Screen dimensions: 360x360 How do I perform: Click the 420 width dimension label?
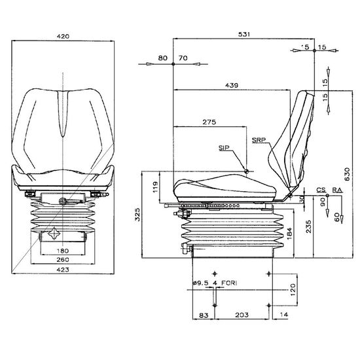tap(63, 36)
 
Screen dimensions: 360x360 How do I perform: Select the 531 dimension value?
tap(244, 35)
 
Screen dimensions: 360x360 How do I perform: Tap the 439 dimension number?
tap(232, 85)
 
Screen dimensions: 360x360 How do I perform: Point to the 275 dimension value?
tap(209, 122)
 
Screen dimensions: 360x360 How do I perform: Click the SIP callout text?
tap(224, 148)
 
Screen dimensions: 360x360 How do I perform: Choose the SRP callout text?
tap(259, 140)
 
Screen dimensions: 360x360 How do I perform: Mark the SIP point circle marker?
tap(246, 171)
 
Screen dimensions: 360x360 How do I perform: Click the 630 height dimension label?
tap(347, 174)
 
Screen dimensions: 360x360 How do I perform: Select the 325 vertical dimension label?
tap(137, 215)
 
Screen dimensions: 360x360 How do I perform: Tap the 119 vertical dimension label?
tap(156, 187)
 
